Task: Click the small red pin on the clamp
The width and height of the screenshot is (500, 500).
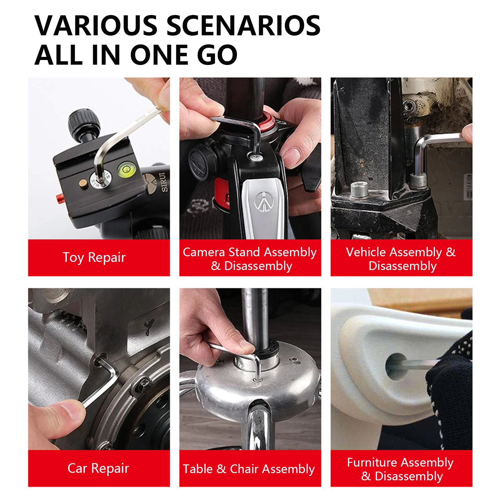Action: coord(59,197)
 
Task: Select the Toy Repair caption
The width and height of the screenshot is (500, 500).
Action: coord(94,257)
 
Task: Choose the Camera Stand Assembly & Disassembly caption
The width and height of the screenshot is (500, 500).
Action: coord(250,259)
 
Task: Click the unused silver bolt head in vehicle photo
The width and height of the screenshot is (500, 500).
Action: coord(359,189)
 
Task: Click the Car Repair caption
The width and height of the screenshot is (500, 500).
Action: coord(98,468)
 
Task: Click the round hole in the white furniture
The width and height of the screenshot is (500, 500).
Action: coord(396,366)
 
